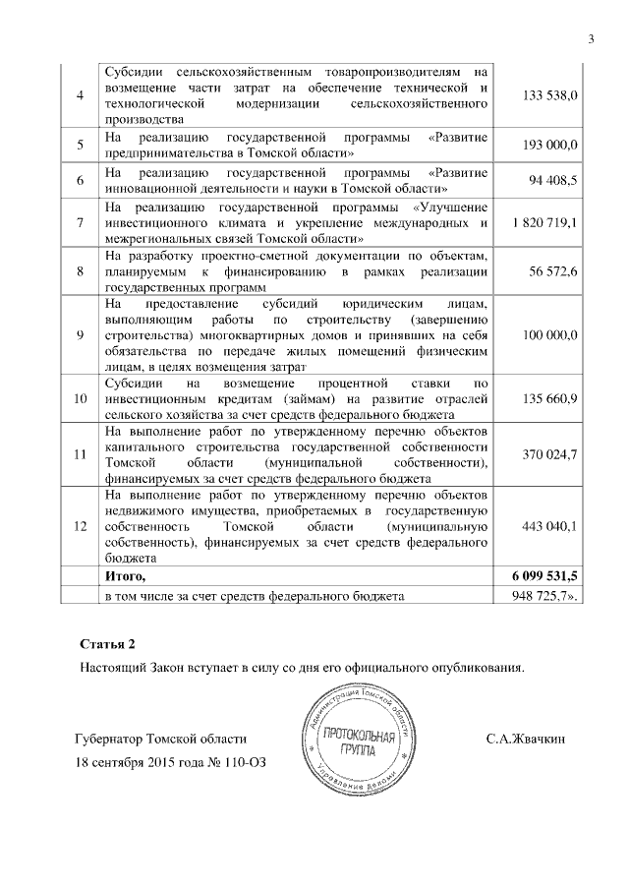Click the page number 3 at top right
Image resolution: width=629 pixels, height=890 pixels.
tap(592, 39)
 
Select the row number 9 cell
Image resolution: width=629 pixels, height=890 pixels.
tap(79, 335)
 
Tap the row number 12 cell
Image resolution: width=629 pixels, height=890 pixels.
tap(79, 526)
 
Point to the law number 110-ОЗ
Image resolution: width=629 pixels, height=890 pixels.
tap(241, 762)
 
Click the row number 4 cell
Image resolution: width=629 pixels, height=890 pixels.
tap(79, 95)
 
